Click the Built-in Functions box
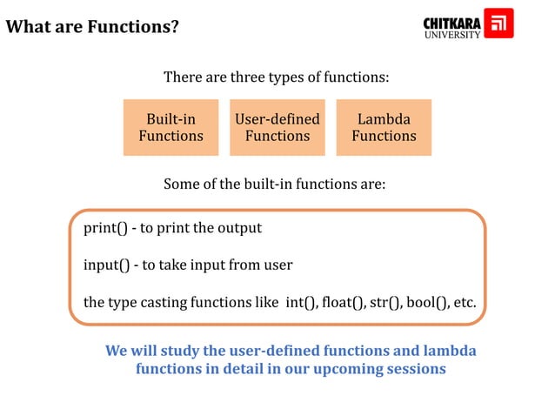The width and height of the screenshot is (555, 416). (171, 127)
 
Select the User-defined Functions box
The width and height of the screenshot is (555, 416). (277, 127)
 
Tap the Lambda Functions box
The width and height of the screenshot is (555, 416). (384, 127)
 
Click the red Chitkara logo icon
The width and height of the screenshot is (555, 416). (498, 23)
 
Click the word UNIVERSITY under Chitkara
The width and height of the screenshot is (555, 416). (451, 35)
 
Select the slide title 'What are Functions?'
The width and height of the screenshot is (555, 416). (92, 27)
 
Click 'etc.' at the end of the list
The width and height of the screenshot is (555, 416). (464, 303)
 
